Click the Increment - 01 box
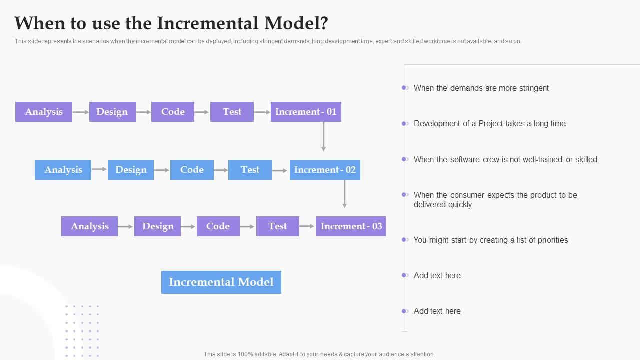[x=306, y=112]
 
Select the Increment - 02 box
[x=325, y=170]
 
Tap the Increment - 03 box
[x=351, y=226]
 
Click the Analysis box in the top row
[x=44, y=112]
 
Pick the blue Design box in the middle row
[x=131, y=170]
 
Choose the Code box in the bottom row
[x=218, y=226]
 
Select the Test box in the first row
[x=232, y=112]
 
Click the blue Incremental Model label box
[x=221, y=282]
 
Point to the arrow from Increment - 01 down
[x=324, y=136]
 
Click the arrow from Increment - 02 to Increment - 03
[x=344, y=193]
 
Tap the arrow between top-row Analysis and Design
[x=80, y=112]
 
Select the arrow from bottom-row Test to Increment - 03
[x=307, y=226]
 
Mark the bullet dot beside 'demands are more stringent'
[x=404, y=88]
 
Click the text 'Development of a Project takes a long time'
[x=489, y=124]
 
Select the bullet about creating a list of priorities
[x=490, y=240]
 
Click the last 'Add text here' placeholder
[x=437, y=311]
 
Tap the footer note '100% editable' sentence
[x=319, y=354]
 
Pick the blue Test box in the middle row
[x=250, y=170]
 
